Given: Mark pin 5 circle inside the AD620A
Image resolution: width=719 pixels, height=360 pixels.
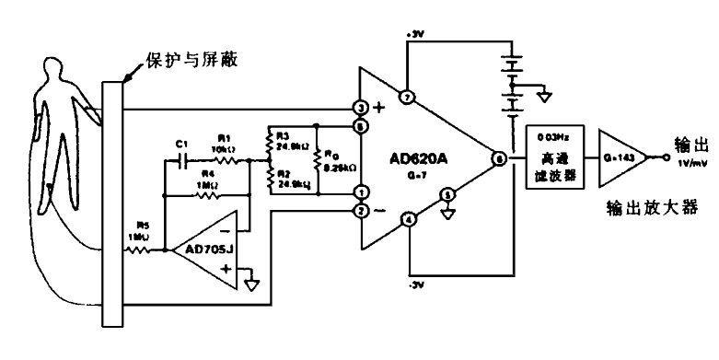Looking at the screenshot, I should tap(447, 194).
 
